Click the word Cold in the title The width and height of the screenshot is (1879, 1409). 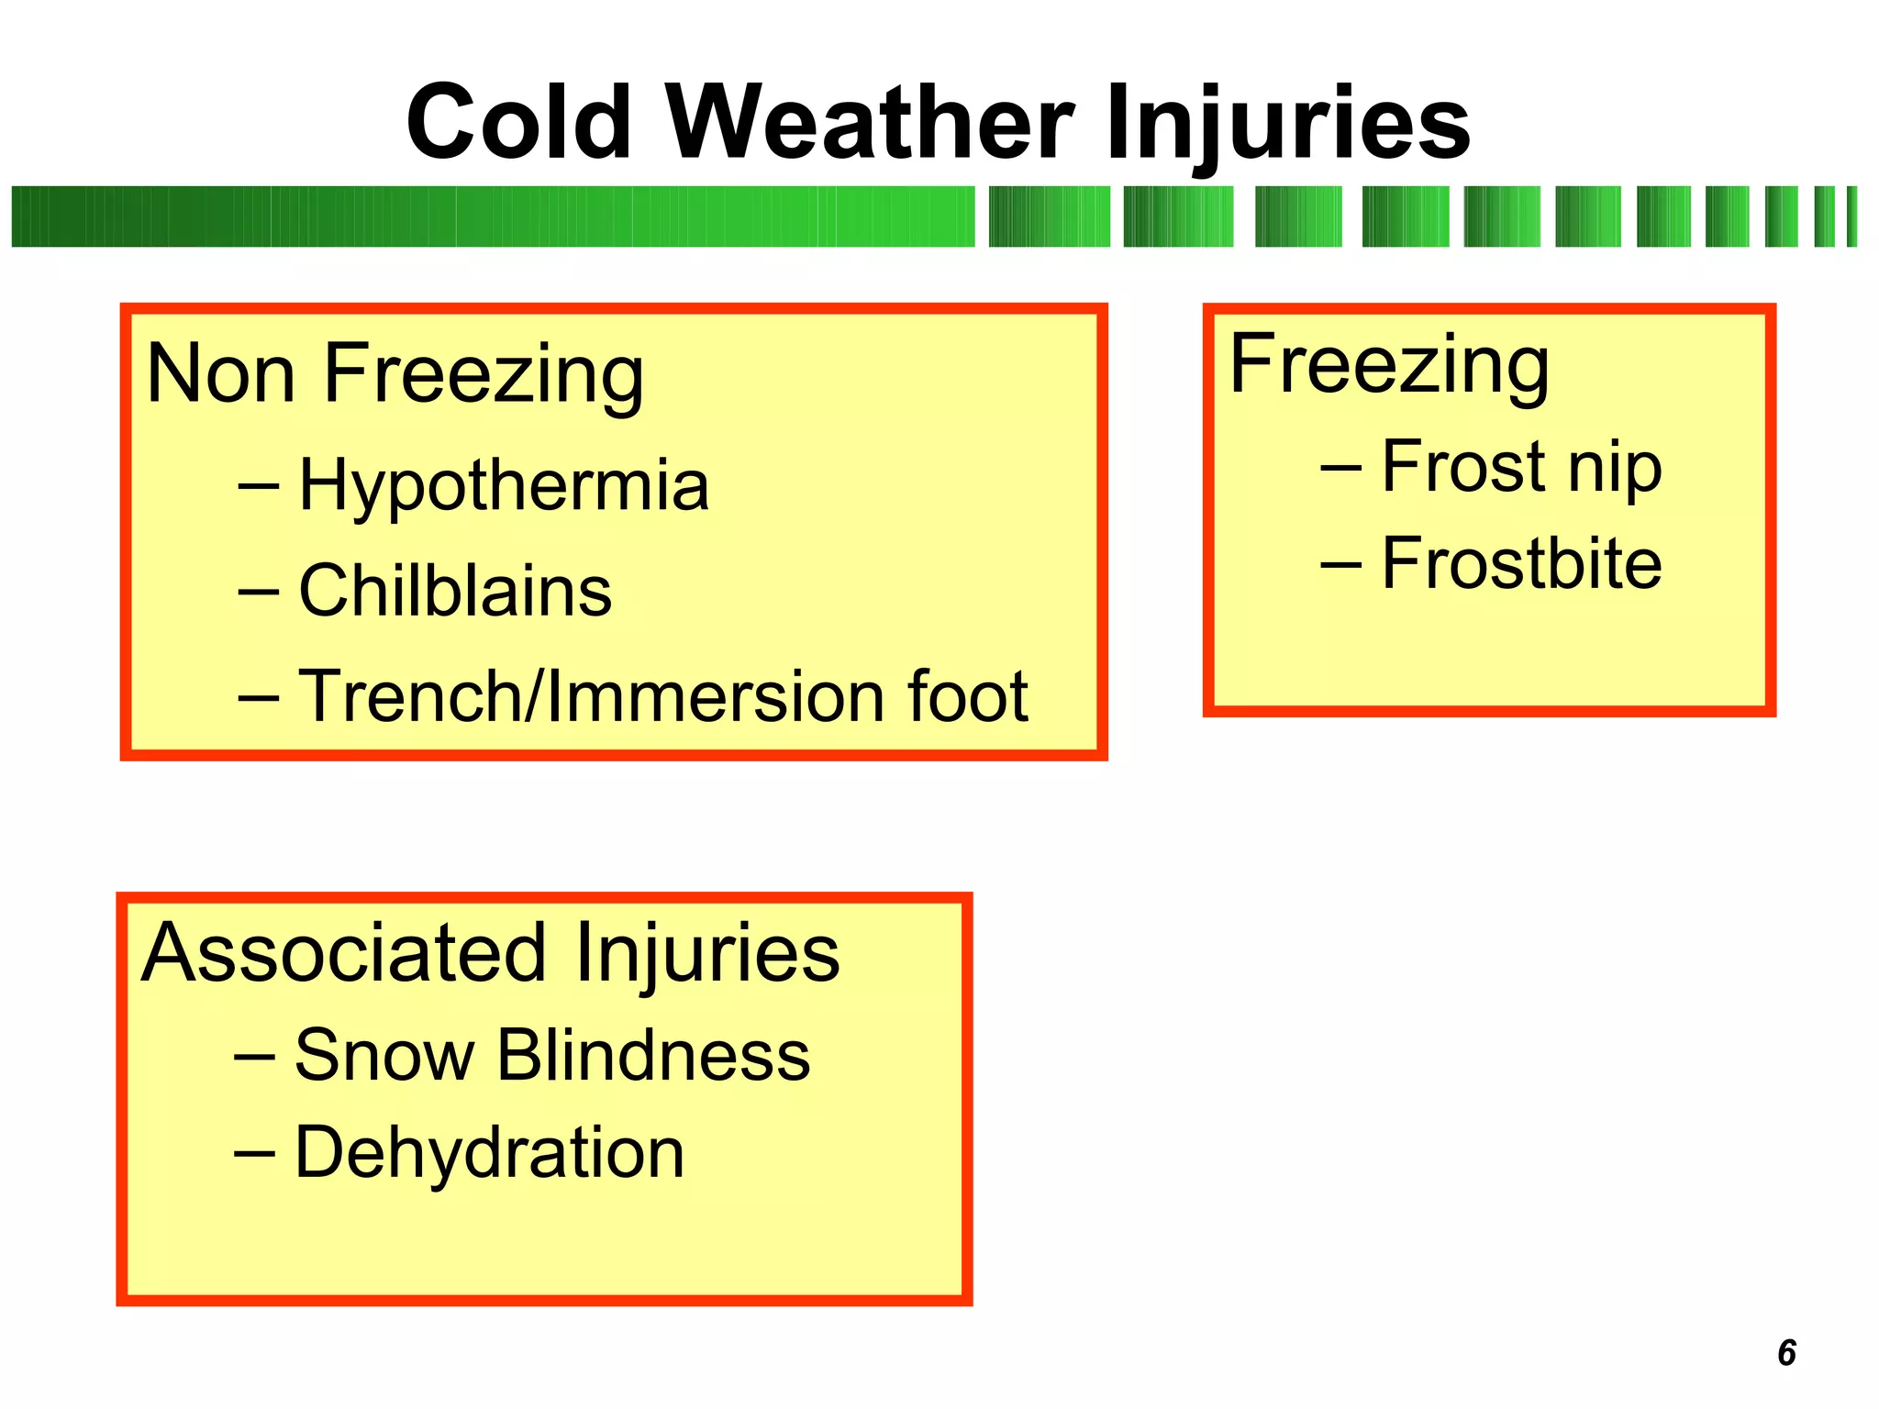point(519,123)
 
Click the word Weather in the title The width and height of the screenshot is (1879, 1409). point(869,123)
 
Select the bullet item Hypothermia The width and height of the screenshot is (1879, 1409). point(504,486)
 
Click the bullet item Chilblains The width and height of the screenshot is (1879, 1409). point(455,592)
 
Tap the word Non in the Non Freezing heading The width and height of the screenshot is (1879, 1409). point(220,374)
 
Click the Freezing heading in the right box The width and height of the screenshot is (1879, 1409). point(1389,365)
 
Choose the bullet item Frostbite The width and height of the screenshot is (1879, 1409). point(1521,563)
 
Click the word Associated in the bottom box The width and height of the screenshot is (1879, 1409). point(344,953)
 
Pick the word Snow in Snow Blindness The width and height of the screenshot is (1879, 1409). point(384,1056)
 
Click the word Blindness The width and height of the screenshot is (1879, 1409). point(653,1056)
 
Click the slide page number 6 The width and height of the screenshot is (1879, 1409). point(1786,1353)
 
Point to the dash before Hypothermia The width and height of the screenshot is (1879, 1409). point(258,488)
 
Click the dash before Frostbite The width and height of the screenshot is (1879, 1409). point(1340,564)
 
